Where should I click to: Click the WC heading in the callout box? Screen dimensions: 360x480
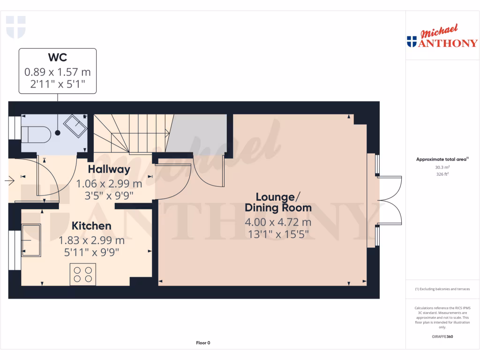point(58,58)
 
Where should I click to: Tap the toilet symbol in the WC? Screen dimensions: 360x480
point(38,134)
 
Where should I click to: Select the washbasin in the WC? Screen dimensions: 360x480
point(75,126)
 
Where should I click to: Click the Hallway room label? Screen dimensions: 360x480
point(109,169)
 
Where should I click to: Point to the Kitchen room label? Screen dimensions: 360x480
point(91,226)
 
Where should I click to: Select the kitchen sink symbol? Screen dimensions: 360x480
point(31,240)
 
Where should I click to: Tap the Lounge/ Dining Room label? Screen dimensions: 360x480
point(278,202)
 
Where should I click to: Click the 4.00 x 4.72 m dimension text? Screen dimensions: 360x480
point(278,222)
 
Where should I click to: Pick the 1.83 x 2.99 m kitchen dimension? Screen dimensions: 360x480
point(91,240)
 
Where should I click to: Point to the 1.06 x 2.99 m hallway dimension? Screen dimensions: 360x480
point(109,183)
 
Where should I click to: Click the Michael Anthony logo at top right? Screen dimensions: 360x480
point(442,38)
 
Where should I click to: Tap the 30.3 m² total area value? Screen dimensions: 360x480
point(442,167)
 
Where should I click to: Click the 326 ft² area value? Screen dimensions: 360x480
point(442,174)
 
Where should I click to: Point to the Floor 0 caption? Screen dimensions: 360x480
point(203,343)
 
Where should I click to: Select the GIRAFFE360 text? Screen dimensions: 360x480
point(442,337)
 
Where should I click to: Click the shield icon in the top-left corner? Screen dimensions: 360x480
point(15,27)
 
